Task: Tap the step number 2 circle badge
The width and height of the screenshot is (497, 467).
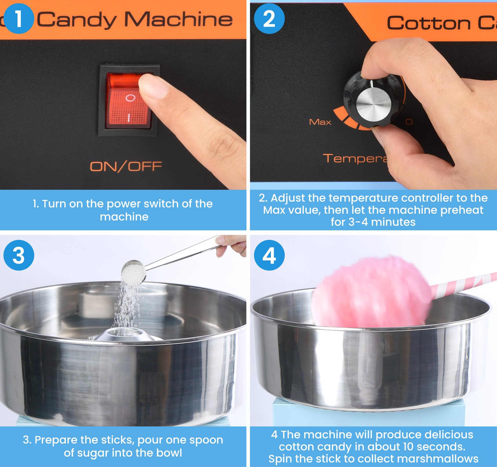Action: [x=269, y=19]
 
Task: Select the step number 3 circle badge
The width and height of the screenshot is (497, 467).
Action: [x=19, y=255]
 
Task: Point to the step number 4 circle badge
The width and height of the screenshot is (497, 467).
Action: [x=269, y=255]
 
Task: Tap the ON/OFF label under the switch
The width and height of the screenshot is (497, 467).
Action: [x=126, y=167]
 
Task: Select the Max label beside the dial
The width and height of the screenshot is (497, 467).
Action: [x=320, y=122]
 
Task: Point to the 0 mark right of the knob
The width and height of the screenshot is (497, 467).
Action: [x=409, y=122]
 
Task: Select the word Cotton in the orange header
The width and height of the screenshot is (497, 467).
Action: [x=429, y=23]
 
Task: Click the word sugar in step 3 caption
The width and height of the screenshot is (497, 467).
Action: [x=93, y=453]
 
